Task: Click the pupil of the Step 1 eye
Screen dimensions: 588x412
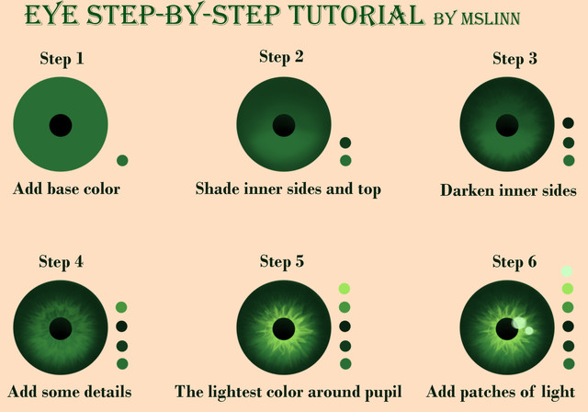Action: pos(61,125)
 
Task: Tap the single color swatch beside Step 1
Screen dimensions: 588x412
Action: pos(122,161)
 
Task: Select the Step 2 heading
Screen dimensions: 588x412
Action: pos(281,57)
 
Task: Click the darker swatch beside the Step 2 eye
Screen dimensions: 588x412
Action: pos(345,143)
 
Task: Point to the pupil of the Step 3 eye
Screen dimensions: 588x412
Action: pos(507,125)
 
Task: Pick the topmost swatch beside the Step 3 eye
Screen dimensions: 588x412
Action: pos(569,123)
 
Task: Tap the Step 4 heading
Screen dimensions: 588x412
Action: pos(62,261)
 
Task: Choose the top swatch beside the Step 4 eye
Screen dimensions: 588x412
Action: pos(121,307)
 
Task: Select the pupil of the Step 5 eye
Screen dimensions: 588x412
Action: pos(284,329)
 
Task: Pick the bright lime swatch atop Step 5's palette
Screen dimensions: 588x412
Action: pos(345,289)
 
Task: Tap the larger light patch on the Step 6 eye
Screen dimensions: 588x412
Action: pos(519,323)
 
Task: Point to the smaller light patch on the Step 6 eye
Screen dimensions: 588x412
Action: pos(529,330)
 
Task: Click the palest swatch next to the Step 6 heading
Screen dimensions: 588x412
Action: pos(567,271)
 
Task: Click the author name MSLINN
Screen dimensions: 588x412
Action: pos(491,18)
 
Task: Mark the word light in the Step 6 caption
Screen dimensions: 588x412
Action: pos(558,393)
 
